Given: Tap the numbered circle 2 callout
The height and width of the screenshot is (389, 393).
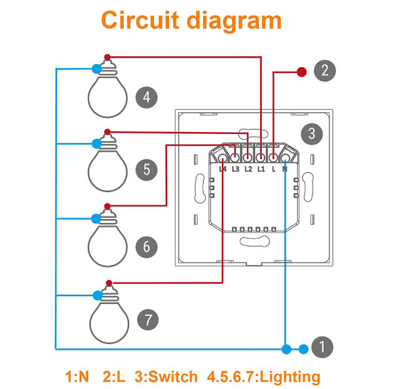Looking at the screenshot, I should [325, 71].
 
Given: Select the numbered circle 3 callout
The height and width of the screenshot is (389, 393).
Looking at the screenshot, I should [312, 134].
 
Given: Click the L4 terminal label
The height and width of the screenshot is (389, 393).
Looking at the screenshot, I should [223, 170].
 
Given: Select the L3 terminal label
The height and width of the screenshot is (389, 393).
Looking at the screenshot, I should [235, 170].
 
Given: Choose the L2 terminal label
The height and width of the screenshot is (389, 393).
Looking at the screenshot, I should [248, 170].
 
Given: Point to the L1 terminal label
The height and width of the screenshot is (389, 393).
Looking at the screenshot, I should [260, 170].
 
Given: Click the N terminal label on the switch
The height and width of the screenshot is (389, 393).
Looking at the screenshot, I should [284, 170].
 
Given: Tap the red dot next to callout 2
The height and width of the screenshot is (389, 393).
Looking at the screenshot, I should [302, 71].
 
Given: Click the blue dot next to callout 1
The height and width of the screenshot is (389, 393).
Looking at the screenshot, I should [303, 349].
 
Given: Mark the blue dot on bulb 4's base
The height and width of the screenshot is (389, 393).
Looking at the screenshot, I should [97, 68].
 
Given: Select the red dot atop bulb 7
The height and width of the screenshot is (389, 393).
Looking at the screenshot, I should [108, 282].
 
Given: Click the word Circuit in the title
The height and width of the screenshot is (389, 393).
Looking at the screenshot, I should [139, 20].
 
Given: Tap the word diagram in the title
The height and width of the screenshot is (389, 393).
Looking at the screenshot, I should [231, 20].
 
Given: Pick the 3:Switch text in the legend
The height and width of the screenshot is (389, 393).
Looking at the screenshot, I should [166, 377].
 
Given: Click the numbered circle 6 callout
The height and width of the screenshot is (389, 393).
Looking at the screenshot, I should [146, 246].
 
